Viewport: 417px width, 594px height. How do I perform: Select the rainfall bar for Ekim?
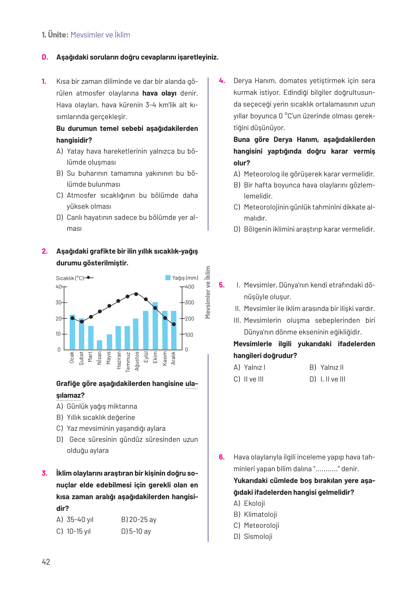[x=155, y=326]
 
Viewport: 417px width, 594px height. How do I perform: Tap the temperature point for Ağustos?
[x=136, y=294]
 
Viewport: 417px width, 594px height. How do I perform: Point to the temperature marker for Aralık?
[x=174, y=324]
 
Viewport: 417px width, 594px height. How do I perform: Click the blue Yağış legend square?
[x=168, y=278]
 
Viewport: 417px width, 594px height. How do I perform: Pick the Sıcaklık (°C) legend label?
[x=70, y=278]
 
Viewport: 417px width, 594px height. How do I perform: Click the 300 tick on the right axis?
[x=189, y=303]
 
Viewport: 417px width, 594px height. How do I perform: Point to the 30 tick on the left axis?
[x=58, y=303]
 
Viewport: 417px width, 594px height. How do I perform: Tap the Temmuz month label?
[x=128, y=362]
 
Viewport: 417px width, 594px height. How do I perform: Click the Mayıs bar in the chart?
[x=109, y=342]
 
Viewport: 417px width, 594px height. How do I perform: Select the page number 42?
[x=46, y=562]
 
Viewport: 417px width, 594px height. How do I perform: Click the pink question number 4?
[x=222, y=80]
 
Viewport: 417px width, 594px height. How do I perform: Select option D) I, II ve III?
[x=327, y=379]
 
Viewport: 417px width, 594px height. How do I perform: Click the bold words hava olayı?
[x=159, y=93]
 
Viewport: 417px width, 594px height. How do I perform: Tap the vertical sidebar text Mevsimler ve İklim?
[x=208, y=292]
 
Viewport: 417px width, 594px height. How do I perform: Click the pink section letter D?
[x=45, y=57]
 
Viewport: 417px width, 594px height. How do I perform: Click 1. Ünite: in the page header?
[x=55, y=35]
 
